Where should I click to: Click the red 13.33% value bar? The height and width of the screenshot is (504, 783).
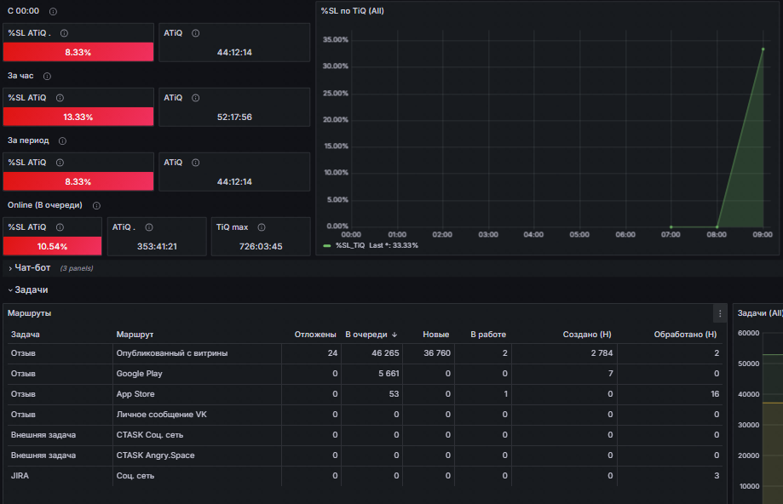(78, 117)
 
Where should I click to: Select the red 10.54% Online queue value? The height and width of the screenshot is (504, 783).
(53, 246)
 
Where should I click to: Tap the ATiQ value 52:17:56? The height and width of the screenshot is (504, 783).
(234, 117)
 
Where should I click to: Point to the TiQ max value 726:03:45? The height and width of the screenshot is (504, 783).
(261, 246)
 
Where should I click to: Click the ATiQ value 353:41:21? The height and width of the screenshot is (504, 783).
(157, 246)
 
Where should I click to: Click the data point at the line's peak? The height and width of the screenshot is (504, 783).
(763, 49)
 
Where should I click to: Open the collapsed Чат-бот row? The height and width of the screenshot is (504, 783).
(32, 267)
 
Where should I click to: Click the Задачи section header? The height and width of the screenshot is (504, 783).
(31, 289)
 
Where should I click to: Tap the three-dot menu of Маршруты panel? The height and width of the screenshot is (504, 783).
(719, 313)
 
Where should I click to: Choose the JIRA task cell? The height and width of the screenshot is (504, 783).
(20, 476)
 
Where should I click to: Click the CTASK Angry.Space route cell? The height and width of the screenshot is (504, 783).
(155, 455)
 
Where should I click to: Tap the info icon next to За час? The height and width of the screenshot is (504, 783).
(47, 76)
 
